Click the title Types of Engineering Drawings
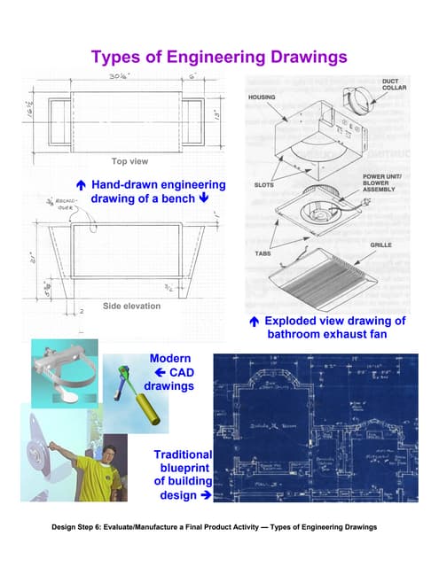click(219, 58)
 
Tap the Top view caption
click(129, 162)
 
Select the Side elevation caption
click(131, 306)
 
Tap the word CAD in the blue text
click(181, 373)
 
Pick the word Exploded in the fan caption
click(294, 321)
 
